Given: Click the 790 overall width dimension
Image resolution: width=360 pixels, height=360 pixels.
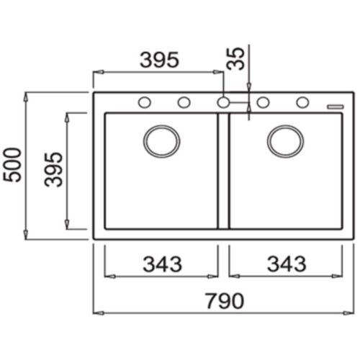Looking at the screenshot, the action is [x=225, y=301].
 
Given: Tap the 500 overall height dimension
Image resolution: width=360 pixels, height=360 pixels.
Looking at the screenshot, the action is [x=12, y=165].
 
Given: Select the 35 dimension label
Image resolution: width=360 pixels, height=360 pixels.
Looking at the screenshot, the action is [x=235, y=58].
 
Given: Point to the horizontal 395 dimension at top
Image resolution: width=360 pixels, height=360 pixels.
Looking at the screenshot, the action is [x=160, y=60].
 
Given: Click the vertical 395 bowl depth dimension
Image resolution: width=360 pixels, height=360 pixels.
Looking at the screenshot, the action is [x=53, y=169].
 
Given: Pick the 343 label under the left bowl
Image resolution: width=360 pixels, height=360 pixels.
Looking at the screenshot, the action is [x=163, y=264].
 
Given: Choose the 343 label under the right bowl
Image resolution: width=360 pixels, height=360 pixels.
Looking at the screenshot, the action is [x=287, y=264].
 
